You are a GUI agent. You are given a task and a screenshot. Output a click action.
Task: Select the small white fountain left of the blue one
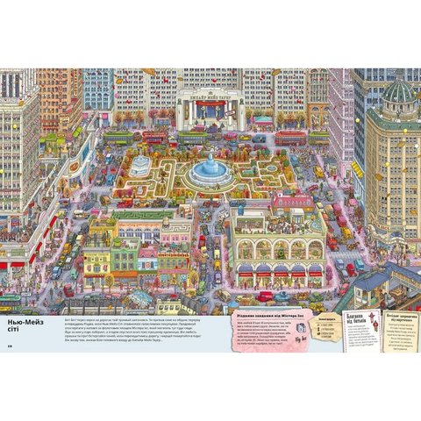(x=140, y=165)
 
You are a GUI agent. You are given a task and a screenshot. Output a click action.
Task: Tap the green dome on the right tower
(x=399, y=90)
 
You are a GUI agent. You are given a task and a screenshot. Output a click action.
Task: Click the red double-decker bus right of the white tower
(x=289, y=138)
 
